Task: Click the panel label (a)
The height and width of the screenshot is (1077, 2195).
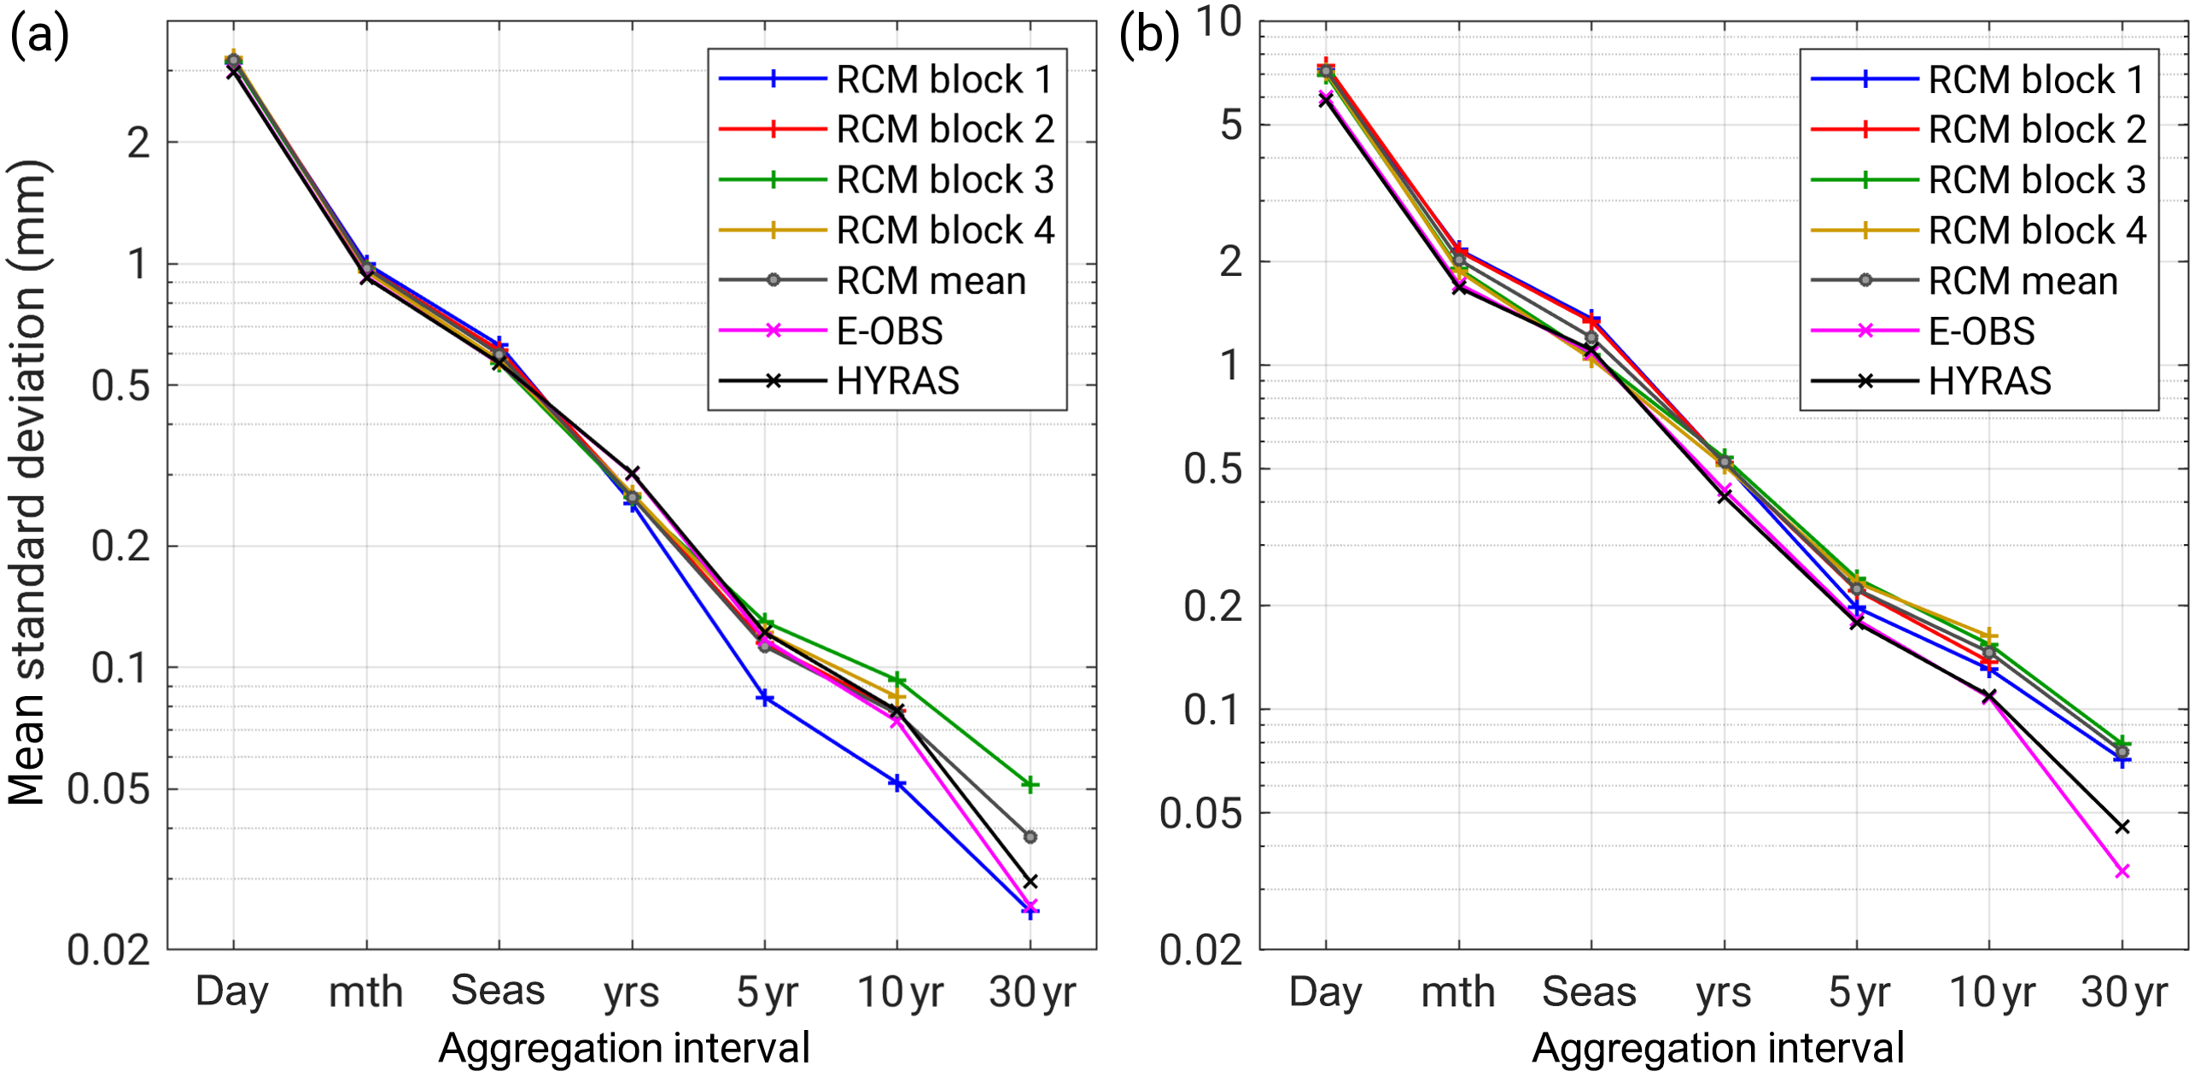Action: (38, 38)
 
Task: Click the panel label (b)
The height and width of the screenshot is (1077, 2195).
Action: (1148, 38)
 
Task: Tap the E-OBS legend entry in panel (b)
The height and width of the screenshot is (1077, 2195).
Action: (1981, 331)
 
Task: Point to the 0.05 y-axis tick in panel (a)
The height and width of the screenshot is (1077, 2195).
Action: (108, 789)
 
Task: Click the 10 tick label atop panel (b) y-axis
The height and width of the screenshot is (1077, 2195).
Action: (1218, 22)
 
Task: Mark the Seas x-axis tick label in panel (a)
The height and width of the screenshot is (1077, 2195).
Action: (498, 991)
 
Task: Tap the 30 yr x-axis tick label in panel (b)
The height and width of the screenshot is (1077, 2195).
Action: (2123, 992)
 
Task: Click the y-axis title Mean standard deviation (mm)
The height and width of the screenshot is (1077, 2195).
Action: (27, 483)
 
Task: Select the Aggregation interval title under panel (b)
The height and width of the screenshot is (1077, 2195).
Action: (1718, 1048)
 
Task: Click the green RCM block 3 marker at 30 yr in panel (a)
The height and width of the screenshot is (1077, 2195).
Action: (1030, 784)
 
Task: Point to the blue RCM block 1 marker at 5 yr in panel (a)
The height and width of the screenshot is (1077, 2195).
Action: (765, 699)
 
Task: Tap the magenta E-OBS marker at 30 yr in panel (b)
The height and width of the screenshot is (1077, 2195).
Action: (2122, 871)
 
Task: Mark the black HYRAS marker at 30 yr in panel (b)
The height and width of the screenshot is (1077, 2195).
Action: (2122, 827)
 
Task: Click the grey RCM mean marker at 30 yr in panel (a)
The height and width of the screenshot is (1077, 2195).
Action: (1030, 837)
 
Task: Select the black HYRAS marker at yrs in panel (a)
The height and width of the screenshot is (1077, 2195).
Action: (632, 472)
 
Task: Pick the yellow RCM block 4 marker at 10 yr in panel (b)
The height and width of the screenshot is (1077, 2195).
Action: (1990, 636)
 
